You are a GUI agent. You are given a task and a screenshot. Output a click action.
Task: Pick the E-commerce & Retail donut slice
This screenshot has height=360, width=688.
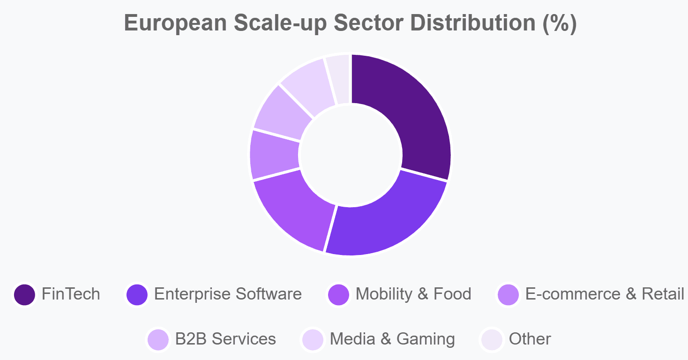[x=275, y=155]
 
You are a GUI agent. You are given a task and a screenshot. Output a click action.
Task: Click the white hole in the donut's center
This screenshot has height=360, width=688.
[x=350, y=155]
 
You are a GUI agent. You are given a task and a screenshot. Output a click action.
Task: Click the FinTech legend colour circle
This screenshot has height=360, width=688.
[x=25, y=294]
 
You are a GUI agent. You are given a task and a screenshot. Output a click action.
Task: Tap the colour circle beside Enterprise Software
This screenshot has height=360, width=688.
[x=137, y=294]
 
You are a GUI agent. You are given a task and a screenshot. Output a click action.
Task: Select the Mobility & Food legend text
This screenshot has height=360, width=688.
[x=413, y=294]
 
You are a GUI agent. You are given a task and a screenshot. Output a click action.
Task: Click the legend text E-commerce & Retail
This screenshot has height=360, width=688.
[x=604, y=294]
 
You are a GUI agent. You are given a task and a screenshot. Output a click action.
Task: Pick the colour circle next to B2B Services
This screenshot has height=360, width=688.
[x=158, y=339]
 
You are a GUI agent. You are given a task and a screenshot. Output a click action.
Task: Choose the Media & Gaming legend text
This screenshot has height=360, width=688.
[x=392, y=339]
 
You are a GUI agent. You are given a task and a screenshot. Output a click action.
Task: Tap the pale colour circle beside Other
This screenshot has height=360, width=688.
[x=492, y=339]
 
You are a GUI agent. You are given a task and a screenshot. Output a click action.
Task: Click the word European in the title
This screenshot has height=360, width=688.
[x=175, y=23]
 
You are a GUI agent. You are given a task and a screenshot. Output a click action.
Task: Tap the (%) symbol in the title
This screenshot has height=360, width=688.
[x=559, y=23]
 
